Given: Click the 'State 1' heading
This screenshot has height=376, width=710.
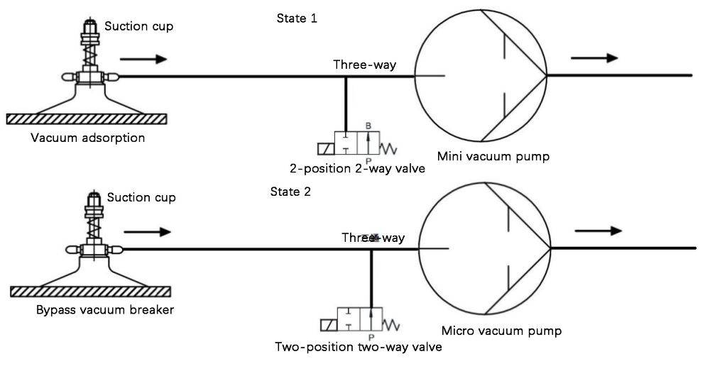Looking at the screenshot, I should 297,18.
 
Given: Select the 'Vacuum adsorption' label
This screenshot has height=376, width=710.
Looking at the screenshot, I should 88,138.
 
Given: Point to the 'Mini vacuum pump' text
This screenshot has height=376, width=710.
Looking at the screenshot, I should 493,156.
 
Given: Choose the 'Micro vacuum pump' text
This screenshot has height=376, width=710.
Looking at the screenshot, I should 501,331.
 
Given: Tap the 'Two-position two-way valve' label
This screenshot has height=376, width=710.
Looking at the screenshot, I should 359,347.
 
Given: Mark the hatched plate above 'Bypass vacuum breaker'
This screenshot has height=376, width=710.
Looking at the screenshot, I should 91,292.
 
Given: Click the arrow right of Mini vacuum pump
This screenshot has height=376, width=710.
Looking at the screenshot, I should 594,58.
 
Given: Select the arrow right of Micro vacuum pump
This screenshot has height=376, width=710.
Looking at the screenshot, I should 598,231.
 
